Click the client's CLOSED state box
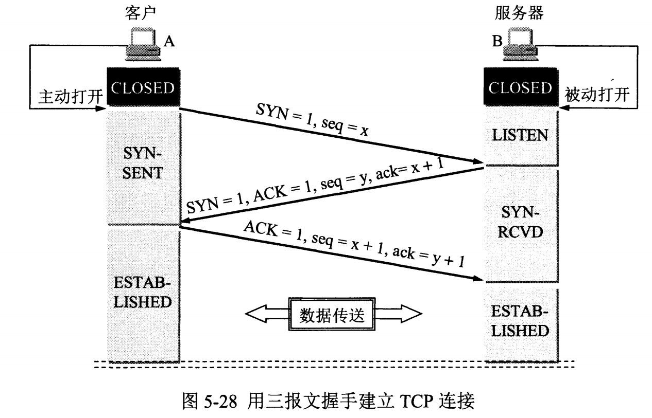(x=143, y=88)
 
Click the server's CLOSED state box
(x=521, y=88)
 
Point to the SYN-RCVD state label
(x=520, y=222)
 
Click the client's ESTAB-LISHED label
(x=142, y=292)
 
